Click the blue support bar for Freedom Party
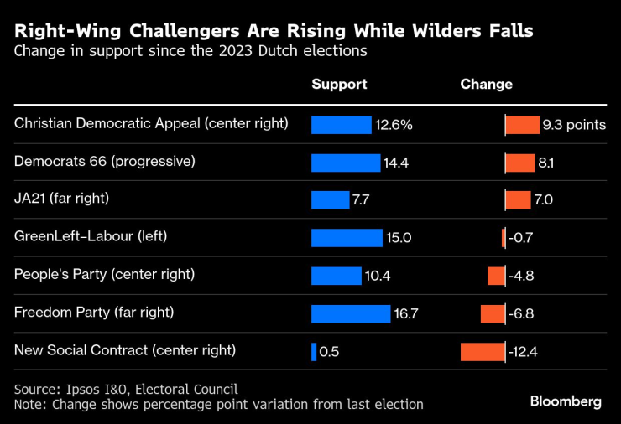[x=351, y=313]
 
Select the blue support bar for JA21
[x=330, y=199]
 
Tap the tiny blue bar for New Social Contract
[x=313, y=351]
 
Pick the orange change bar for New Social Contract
[x=483, y=351]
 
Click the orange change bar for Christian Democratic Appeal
[x=522, y=124]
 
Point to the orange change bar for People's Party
[x=496, y=276]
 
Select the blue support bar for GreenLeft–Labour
[x=347, y=237]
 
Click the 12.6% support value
[x=394, y=125]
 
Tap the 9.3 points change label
[x=574, y=125]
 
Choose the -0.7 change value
[x=521, y=238]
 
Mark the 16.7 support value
[x=406, y=313]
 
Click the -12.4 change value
[x=524, y=352]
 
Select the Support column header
[x=339, y=85]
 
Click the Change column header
[x=486, y=85]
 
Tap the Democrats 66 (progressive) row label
[x=105, y=160]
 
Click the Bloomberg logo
[x=566, y=401]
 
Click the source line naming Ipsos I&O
[x=126, y=389]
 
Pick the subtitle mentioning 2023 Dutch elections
[x=191, y=51]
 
